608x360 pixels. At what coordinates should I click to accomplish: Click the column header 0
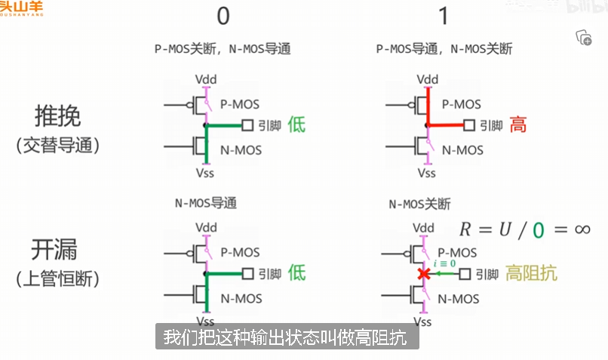pyautogui.click(x=224, y=17)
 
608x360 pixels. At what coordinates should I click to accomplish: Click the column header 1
pyautogui.click(x=444, y=17)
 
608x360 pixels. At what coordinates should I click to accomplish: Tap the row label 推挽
pyautogui.click(x=57, y=117)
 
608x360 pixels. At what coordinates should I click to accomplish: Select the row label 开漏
pyautogui.click(x=57, y=250)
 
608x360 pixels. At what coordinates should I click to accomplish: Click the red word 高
pyautogui.click(x=518, y=125)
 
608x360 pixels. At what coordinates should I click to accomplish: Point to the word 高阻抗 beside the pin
pyautogui.click(x=532, y=273)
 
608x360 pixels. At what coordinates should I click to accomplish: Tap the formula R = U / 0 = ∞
pyautogui.click(x=525, y=229)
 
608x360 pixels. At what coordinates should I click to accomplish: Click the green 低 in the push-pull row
pyautogui.click(x=296, y=125)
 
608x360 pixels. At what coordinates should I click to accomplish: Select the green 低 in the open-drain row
pyautogui.click(x=296, y=273)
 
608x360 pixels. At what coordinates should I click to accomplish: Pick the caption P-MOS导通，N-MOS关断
pyautogui.click(x=444, y=49)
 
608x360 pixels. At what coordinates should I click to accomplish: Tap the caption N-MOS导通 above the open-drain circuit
pyautogui.click(x=207, y=204)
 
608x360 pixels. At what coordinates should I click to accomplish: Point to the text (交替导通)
pyautogui.click(x=57, y=145)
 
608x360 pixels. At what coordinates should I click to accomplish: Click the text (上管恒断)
pyautogui.click(x=57, y=278)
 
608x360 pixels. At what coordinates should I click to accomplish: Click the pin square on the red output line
pyautogui.click(x=469, y=125)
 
